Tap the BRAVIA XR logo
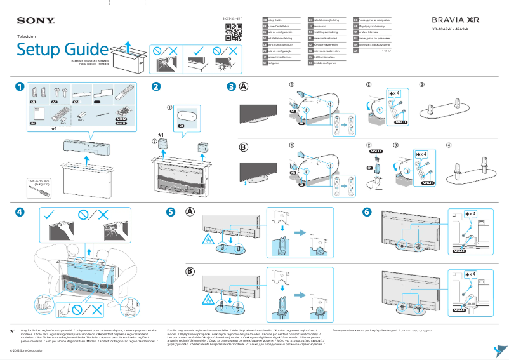pyautogui.click(x=456, y=21)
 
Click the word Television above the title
pyautogui.click(x=27, y=37)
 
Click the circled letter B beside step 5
pyautogui.click(x=190, y=271)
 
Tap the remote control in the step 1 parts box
pyautogui.click(x=56, y=116)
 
